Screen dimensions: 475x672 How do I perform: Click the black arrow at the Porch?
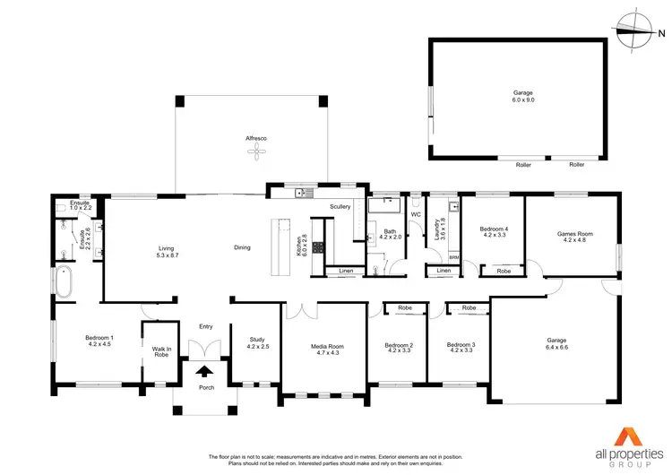[204, 370]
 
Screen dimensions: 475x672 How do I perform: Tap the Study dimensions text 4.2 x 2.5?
[257, 345]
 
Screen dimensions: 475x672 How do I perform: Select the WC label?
[416, 215]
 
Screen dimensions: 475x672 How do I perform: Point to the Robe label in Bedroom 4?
[504, 270]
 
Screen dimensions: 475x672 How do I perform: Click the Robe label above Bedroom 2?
[405, 307]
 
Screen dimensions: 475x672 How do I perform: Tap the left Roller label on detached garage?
[523, 165]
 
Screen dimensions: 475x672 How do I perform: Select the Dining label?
[242, 247]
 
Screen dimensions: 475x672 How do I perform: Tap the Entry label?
[206, 326]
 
